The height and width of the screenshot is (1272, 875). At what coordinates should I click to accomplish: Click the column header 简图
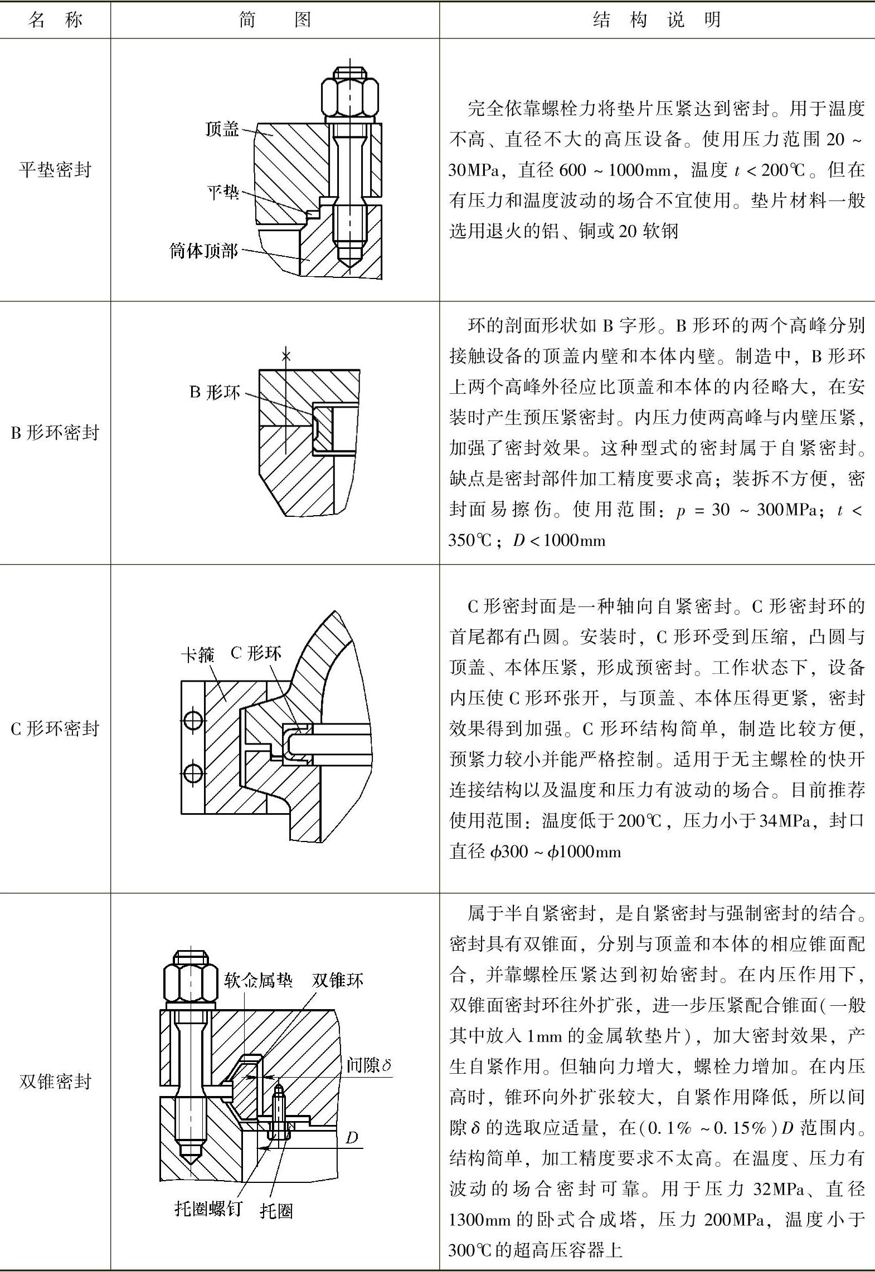click(275, 20)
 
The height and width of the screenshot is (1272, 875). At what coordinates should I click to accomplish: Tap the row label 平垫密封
click(55, 169)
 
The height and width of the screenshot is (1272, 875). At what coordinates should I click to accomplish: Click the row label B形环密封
click(55, 432)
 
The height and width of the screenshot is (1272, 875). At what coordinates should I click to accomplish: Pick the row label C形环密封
click(55, 728)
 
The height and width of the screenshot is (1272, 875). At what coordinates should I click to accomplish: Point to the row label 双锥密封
click(55, 1081)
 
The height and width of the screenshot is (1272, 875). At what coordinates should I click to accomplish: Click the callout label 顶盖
click(222, 129)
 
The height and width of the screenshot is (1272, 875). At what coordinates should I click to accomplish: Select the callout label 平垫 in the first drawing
click(223, 193)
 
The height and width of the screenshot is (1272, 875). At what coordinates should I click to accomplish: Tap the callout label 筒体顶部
click(204, 251)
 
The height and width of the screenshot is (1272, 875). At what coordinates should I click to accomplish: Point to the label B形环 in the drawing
click(215, 392)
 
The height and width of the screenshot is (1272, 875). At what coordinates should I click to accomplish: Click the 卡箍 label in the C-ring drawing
click(197, 654)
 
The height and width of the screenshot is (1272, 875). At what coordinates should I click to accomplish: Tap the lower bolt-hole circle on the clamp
click(193, 774)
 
